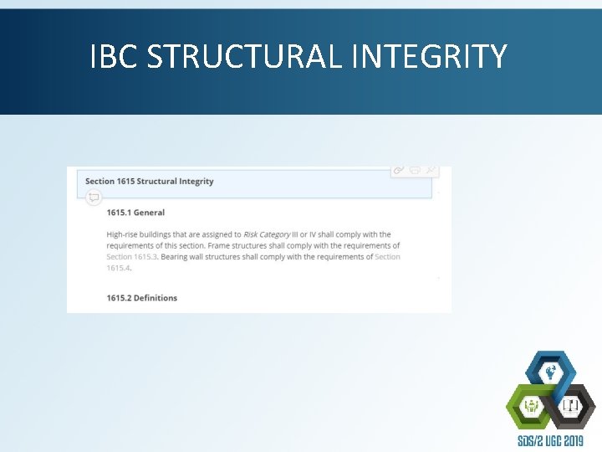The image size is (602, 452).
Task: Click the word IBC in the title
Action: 114,57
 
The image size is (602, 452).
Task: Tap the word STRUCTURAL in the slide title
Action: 242,57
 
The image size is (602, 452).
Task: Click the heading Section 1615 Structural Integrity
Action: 150,181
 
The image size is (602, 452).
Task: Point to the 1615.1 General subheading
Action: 135,213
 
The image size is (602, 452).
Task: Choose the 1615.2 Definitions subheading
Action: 142,298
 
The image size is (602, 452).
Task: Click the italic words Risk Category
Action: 267,234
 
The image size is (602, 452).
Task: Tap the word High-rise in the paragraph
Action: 123,234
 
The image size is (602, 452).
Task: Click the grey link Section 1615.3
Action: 132,257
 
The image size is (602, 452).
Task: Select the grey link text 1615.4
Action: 119,268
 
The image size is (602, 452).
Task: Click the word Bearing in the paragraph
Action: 175,257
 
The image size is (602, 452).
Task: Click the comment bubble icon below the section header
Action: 94,198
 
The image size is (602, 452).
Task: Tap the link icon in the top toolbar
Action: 399,170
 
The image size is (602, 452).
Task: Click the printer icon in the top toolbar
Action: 415,170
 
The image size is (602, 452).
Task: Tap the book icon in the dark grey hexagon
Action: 572,407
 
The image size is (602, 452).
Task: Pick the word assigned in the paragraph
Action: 214,234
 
